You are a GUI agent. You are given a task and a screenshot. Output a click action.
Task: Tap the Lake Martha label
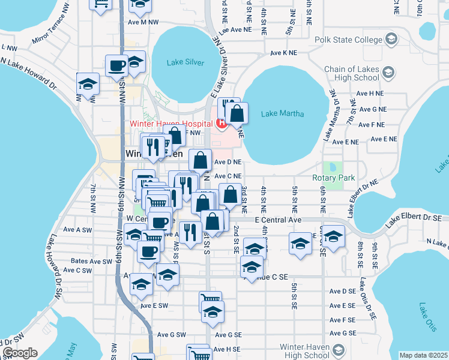tap(283, 113)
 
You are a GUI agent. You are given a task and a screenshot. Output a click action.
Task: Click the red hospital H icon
tap(221, 124)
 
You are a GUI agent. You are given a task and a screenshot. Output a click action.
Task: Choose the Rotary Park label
tap(334, 178)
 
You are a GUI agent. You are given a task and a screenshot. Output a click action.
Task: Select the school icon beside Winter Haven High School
tap(339, 350)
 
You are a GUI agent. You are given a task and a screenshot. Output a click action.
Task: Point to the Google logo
tap(20, 353)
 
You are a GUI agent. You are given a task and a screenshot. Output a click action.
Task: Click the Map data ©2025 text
tap(423, 355)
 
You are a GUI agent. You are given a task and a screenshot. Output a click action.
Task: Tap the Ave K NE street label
tap(284, 53)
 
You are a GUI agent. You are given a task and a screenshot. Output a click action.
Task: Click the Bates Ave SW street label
tap(91, 262)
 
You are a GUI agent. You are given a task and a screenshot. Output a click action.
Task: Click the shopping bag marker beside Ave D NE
tap(200, 161)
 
